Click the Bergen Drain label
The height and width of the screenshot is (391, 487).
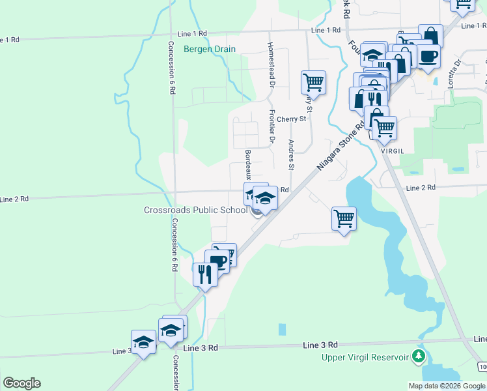209,49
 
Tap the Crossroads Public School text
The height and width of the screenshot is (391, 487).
195,210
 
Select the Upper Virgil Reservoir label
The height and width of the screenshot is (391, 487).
365,357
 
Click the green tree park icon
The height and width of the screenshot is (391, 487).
420,356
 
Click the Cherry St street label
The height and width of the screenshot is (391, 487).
291,119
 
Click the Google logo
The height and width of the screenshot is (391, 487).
21,383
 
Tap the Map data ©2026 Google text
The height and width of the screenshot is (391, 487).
447,385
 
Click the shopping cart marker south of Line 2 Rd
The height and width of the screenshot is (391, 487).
343,218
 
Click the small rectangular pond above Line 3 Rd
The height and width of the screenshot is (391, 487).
282,329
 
